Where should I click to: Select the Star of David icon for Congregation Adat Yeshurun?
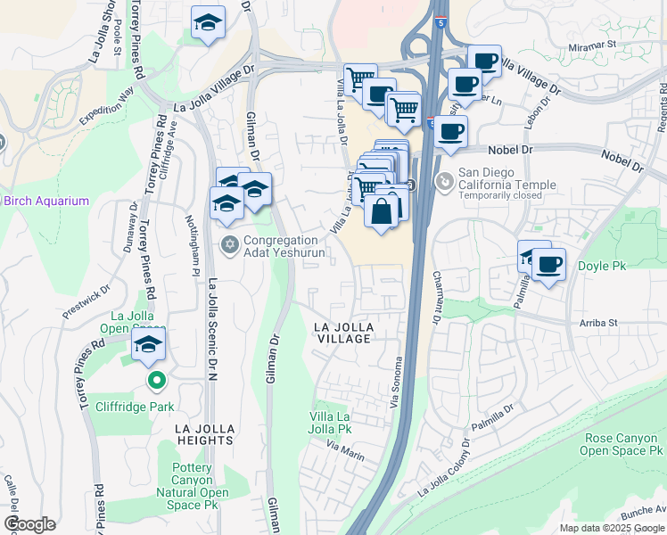pos(229,243)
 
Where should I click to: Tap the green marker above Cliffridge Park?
pos(157,381)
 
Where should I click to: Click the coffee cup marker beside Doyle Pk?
pos(549,264)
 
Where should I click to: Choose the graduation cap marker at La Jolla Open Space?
pos(150,344)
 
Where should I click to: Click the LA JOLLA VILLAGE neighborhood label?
pos(343,333)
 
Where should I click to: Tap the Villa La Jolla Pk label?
pos(331,423)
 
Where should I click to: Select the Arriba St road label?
pos(597,323)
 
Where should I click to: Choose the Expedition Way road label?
pos(106,105)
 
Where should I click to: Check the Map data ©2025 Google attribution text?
pos(612,528)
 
